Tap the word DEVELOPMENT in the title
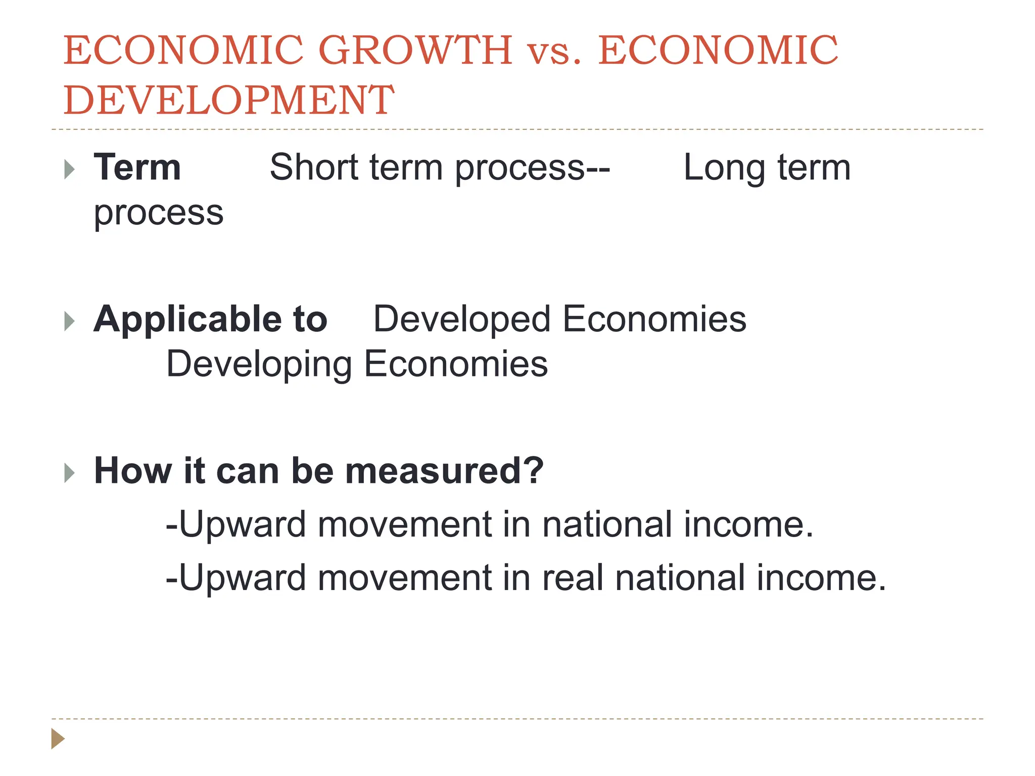(228, 100)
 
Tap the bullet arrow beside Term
(70, 169)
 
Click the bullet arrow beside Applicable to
(70, 321)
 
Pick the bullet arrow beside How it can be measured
(70, 473)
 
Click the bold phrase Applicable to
(210, 319)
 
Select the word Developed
(461, 319)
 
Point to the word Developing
(259, 365)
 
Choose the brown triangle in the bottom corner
(58, 739)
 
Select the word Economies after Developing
(456, 364)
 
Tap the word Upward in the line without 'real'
(242, 524)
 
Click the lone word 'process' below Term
(159, 213)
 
